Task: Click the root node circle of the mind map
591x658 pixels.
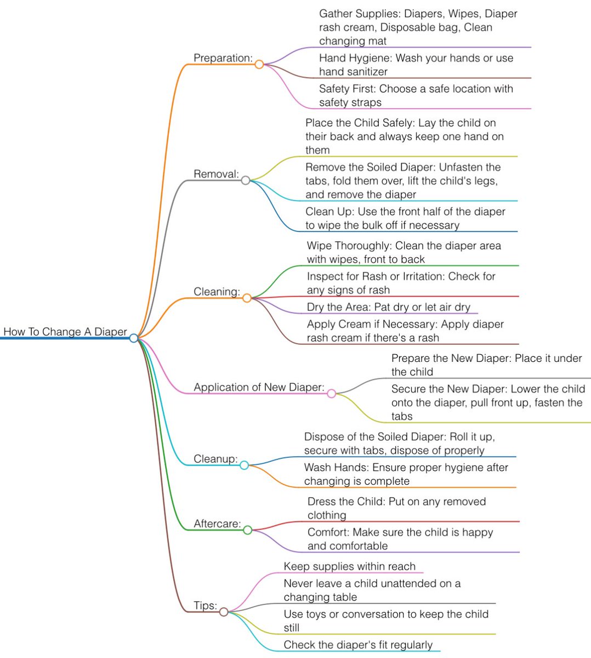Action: [134, 338]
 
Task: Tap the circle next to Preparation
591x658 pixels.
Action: [259, 64]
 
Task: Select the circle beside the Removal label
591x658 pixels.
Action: [246, 180]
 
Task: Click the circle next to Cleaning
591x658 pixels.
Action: [247, 298]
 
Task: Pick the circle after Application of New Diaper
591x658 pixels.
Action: [331, 393]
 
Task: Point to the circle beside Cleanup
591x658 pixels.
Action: [244, 465]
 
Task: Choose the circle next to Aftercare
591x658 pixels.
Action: [247, 530]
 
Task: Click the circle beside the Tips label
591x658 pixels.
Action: [224, 611]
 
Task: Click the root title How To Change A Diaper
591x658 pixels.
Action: [65, 332]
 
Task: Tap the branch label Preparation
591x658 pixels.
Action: [223, 58]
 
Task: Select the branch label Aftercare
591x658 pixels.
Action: [217, 524]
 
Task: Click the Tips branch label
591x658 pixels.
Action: [205, 605]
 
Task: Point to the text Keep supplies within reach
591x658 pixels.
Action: [349, 566]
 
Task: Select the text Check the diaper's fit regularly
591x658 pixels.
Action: [358, 645]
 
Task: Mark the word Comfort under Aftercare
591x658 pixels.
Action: [328, 532]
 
